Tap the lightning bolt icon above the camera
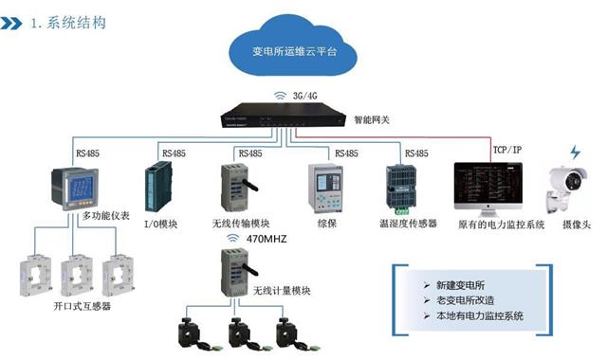coord(574,152)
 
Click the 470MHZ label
coord(269,240)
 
